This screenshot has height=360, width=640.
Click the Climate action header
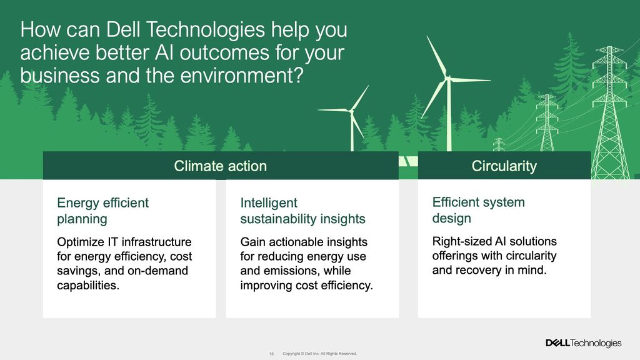point(221,166)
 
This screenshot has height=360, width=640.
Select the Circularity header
point(504,166)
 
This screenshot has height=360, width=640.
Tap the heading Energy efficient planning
point(103,211)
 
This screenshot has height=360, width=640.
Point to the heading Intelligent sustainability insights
point(302,211)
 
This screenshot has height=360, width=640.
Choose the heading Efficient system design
point(478,210)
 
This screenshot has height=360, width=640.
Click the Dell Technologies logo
point(584,343)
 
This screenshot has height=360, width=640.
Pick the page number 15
point(271,354)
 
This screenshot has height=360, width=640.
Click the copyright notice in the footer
point(319,354)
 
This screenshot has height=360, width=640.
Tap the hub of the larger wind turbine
point(448,77)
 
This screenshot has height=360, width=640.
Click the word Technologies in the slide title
point(205,29)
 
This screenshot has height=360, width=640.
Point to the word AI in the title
point(164,52)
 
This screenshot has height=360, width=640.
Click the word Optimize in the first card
point(81,242)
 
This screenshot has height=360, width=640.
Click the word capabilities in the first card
point(88,285)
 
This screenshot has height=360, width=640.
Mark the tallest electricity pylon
point(609,112)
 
